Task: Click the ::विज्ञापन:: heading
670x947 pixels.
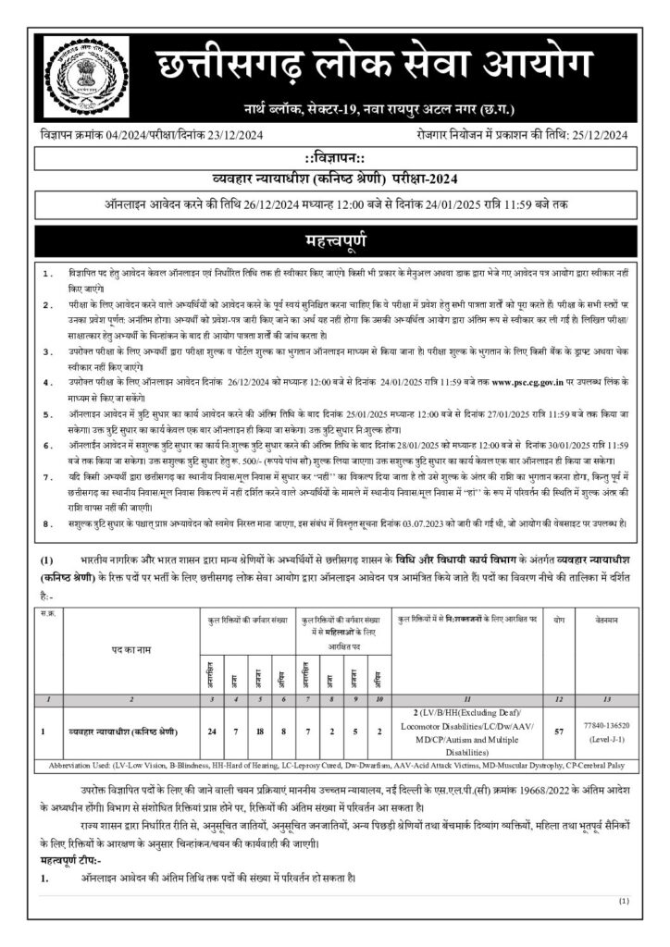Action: click(x=335, y=159)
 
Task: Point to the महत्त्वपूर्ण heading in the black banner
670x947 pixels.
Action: click(x=335, y=242)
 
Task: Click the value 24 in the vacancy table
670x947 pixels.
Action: click(x=212, y=732)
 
